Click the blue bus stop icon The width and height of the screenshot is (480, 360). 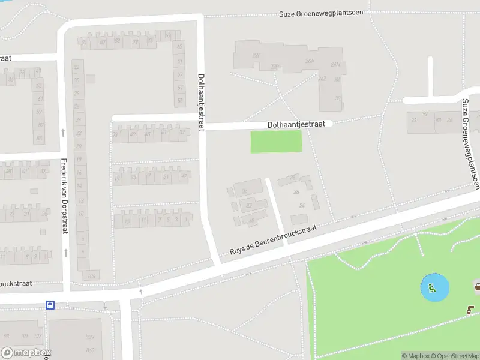[50, 305]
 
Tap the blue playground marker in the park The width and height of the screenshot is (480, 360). [431, 288]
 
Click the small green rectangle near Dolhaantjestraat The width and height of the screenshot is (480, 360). [276, 142]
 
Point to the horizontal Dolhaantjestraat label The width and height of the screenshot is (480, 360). [300, 124]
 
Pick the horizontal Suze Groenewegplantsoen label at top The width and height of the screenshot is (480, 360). [322, 13]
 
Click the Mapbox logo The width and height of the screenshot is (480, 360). [26, 353]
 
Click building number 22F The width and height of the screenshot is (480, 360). [257, 56]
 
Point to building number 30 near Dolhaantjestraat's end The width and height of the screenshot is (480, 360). [338, 98]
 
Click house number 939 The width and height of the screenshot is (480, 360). [90, 337]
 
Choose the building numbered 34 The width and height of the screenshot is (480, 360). [245, 191]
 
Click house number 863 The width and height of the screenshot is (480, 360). [90, 350]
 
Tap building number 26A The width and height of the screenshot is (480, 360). [310, 61]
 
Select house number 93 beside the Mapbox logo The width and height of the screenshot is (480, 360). [7, 336]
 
